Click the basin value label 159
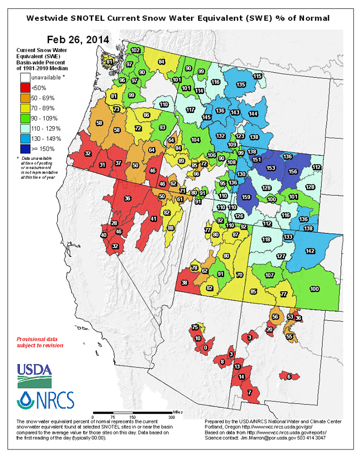click(x=246, y=198)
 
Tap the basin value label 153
click(x=271, y=167)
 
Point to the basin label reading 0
click(x=206, y=348)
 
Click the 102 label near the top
click(x=136, y=50)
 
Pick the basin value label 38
click(x=184, y=283)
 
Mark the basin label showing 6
click(x=289, y=376)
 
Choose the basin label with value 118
click(x=266, y=239)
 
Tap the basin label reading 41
click(x=154, y=219)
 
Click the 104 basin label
click(x=196, y=140)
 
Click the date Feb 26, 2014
click(x=78, y=39)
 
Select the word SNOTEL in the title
click(x=107, y=18)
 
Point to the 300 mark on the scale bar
click(x=171, y=417)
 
